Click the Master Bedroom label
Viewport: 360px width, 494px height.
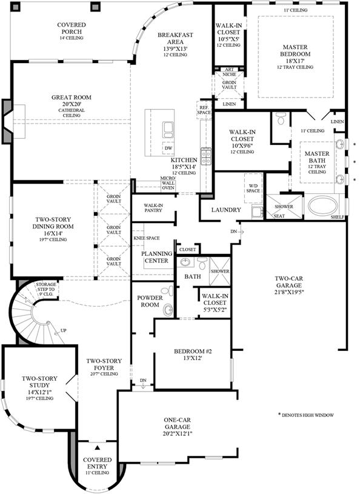[295, 50]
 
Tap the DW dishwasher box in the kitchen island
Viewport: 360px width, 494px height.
[168, 148]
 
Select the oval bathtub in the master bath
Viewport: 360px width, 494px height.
[322, 205]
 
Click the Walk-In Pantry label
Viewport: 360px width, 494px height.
[153, 208]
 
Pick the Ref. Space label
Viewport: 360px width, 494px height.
[204, 110]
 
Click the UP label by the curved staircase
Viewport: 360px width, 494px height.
[64, 330]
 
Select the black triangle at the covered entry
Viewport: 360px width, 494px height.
[98, 447]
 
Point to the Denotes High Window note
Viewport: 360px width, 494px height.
[306, 415]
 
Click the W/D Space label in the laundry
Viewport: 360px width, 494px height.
[253, 188]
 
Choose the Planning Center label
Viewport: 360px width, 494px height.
[156, 257]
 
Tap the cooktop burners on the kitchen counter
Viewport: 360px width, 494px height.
[206, 156]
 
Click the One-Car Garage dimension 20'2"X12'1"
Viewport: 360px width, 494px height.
[178, 433]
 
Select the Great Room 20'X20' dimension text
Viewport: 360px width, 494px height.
[72, 104]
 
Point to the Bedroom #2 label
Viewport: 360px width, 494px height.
[193, 351]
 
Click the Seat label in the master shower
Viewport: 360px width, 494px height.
[279, 216]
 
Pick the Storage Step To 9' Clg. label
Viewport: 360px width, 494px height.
[46, 289]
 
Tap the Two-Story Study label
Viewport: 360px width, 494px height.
[39, 382]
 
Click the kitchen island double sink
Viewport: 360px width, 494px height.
[168, 130]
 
